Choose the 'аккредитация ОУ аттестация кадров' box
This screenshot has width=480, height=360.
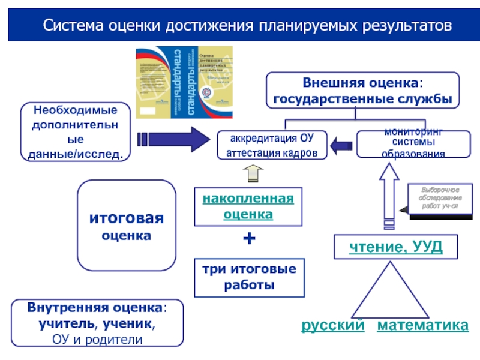(x=272, y=146)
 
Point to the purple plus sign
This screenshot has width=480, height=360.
(x=248, y=239)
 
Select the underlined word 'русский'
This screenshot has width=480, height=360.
(x=333, y=326)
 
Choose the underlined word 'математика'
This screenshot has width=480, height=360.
(x=422, y=326)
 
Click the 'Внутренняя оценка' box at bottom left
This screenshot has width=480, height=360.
(x=97, y=323)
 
